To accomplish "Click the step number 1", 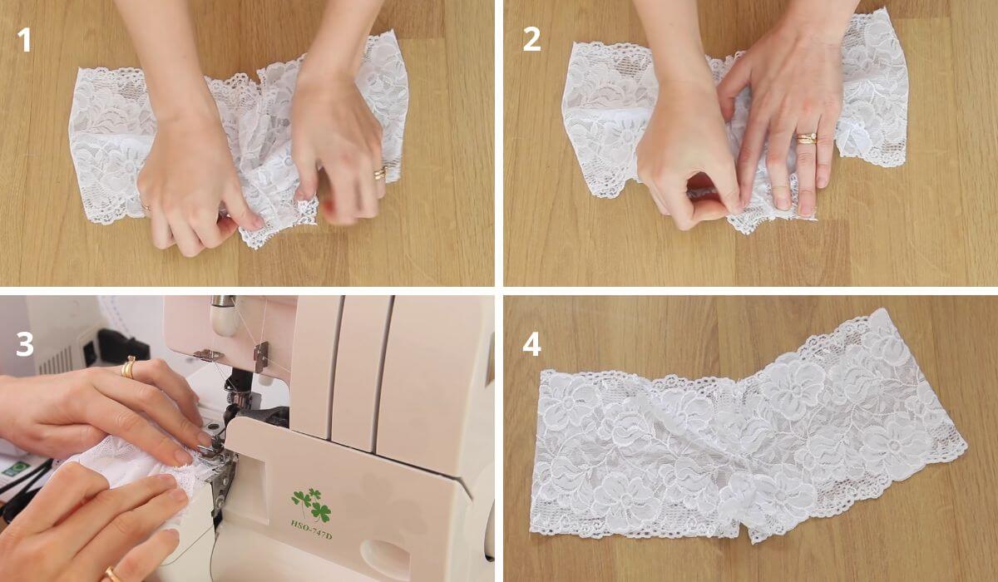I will tap(25, 39).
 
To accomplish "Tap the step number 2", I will tap(531, 39).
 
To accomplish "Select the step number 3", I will tap(25, 343).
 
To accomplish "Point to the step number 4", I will tap(531, 343).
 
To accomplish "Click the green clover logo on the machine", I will tap(310, 504).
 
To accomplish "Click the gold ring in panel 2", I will tap(806, 138).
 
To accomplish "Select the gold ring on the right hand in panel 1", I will tap(379, 174).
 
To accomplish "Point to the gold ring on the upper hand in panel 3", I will tap(129, 367).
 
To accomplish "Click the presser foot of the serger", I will tap(210, 453).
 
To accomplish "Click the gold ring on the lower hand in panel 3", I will tap(111, 574).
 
